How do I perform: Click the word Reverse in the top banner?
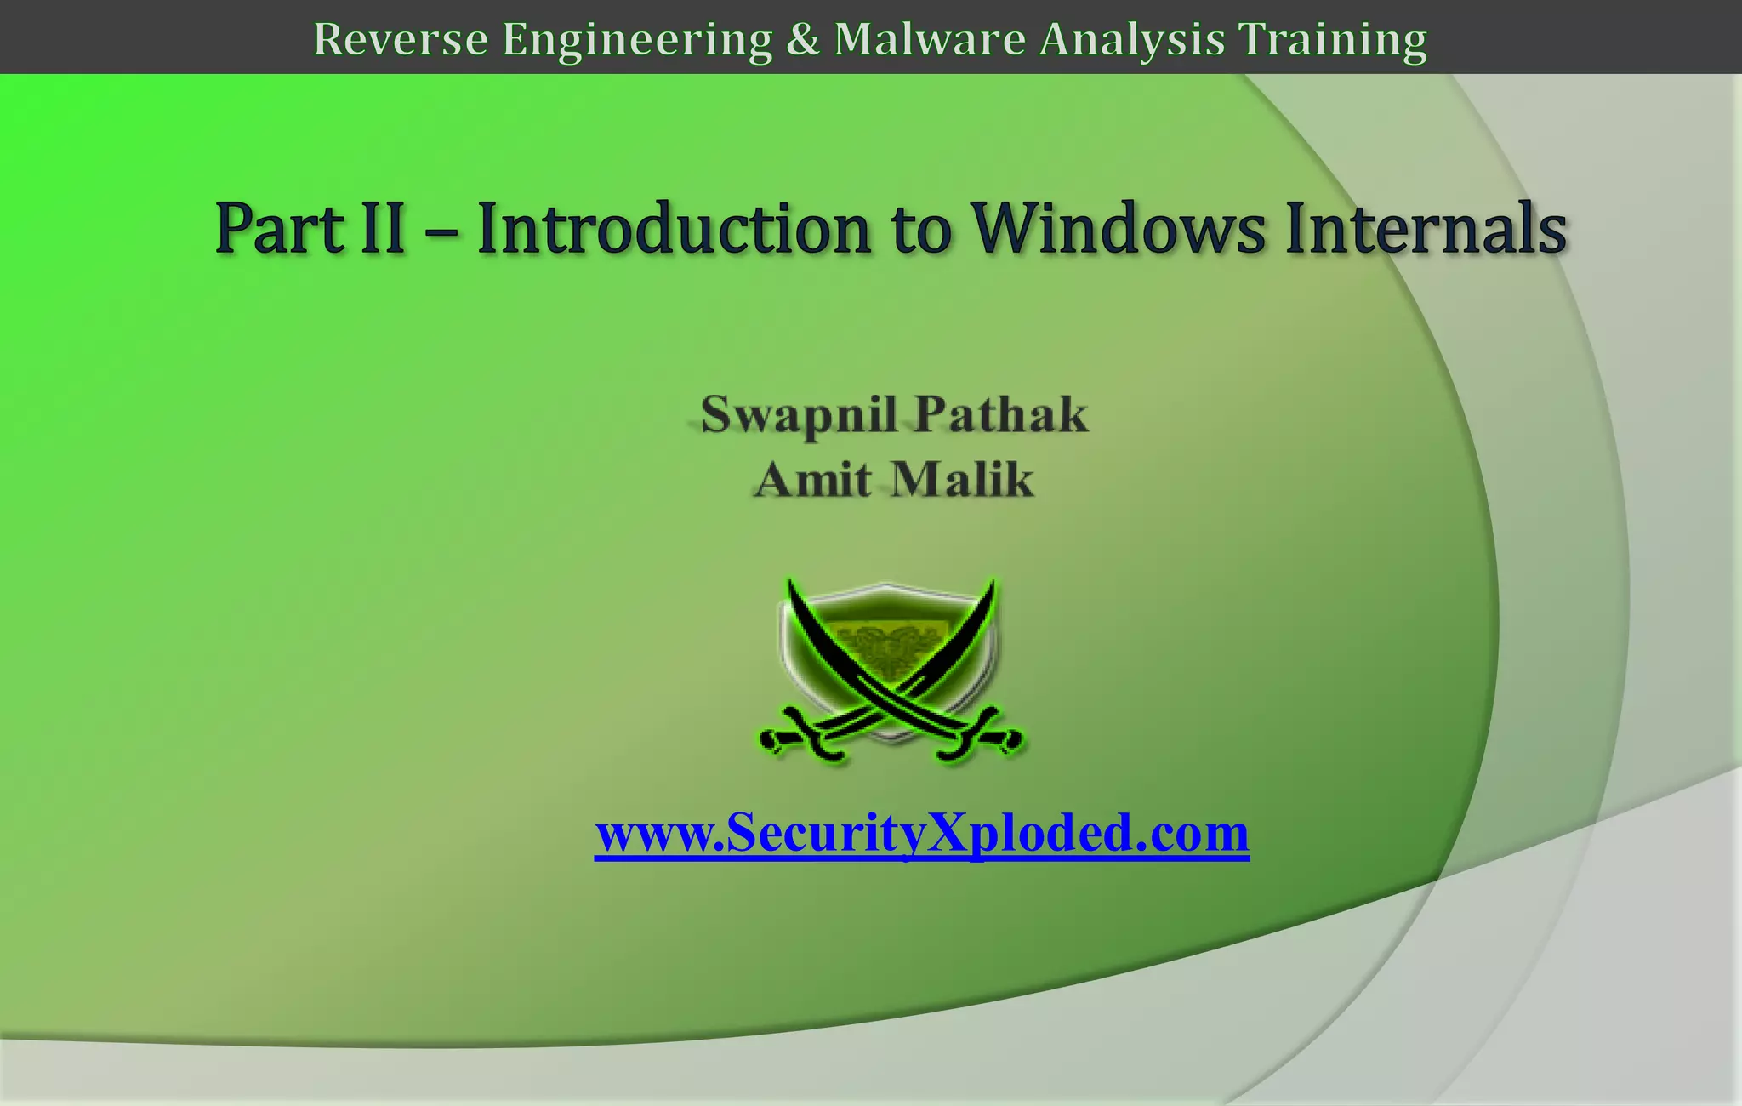point(401,39)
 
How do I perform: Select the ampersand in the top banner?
point(802,39)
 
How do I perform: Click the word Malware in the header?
point(930,39)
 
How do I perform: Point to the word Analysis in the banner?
point(1132,39)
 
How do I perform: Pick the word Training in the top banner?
point(1332,39)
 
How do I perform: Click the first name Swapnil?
point(799,415)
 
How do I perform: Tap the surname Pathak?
point(1001,414)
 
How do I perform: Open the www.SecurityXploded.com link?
point(922,833)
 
